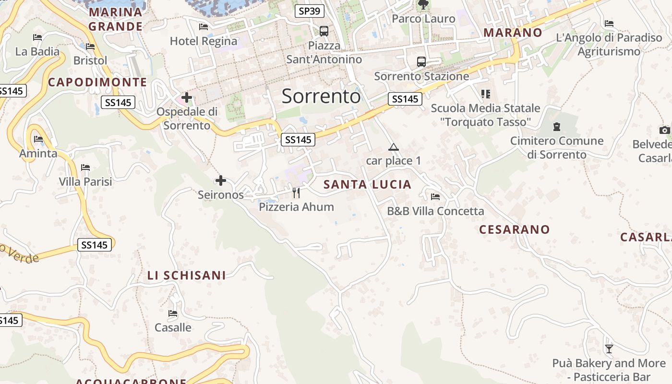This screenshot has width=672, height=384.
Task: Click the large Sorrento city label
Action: point(321,96)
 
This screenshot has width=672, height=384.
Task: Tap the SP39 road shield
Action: point(309,11)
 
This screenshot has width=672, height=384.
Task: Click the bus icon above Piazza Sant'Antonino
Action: point(324,31)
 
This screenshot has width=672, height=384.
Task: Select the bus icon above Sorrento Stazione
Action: point(421,61)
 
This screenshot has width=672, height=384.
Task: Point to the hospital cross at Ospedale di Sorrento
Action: point(187,98)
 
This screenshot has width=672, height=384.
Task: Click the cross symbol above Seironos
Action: point(221,180)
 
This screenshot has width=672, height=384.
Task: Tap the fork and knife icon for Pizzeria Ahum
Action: point(296,193)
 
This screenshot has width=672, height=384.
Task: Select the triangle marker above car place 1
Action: point(394,147)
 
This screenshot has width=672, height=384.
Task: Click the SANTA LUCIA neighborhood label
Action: point(367,184)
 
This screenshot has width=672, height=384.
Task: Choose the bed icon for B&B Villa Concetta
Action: point(435,197)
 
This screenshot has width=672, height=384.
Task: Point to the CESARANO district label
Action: point(514,229)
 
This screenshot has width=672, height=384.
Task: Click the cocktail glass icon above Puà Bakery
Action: point(609,349)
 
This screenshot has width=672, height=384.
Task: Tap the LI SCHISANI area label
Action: point(186,276)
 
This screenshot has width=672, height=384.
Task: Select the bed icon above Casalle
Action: point(173,313)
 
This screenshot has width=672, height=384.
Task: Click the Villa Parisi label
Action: point(85,181)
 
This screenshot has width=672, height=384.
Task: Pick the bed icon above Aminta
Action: point(38,139)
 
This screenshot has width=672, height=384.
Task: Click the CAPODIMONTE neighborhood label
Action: point(97,82)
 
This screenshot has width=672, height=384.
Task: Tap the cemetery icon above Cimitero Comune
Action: point(557,127)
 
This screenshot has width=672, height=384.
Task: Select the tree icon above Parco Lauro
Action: point(423,5)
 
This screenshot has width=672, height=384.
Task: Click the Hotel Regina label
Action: point(204,41)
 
